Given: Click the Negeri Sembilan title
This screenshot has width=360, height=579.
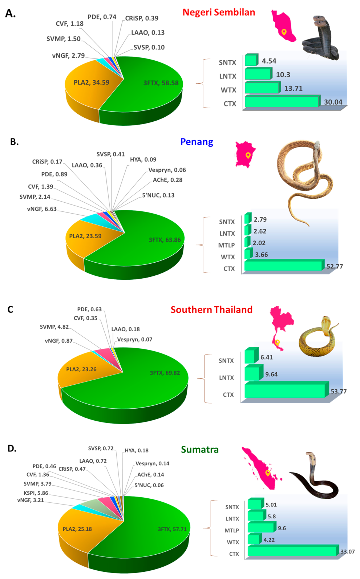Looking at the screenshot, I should [x=219, y=12].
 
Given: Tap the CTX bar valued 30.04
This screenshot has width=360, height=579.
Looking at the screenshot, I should [x=282, y=102].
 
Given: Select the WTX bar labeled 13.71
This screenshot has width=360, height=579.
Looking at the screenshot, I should [x=262, y=88].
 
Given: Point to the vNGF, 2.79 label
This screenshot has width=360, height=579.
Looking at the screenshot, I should [x=68, y=56].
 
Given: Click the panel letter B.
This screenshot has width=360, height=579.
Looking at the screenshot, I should [x=14, y=142].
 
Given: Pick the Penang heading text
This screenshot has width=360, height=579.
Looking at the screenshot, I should [x=197, y=142].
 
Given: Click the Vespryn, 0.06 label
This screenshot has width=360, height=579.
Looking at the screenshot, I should [x=167, y=170].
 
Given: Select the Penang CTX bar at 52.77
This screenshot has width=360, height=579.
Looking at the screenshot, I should [x=283, y=266].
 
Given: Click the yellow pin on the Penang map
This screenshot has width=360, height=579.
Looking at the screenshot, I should [x=248, y=155].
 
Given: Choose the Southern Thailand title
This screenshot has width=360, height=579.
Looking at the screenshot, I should [x=211, y=310].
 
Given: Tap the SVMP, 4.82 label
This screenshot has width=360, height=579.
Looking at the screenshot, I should [x=54, y=327].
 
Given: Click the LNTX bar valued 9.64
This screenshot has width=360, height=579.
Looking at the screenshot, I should [x=252, y=373].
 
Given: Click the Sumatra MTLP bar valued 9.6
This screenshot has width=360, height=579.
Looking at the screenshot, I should [x=261, y=527].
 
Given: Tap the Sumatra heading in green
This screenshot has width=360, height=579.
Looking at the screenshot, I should [x=200, y=450].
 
